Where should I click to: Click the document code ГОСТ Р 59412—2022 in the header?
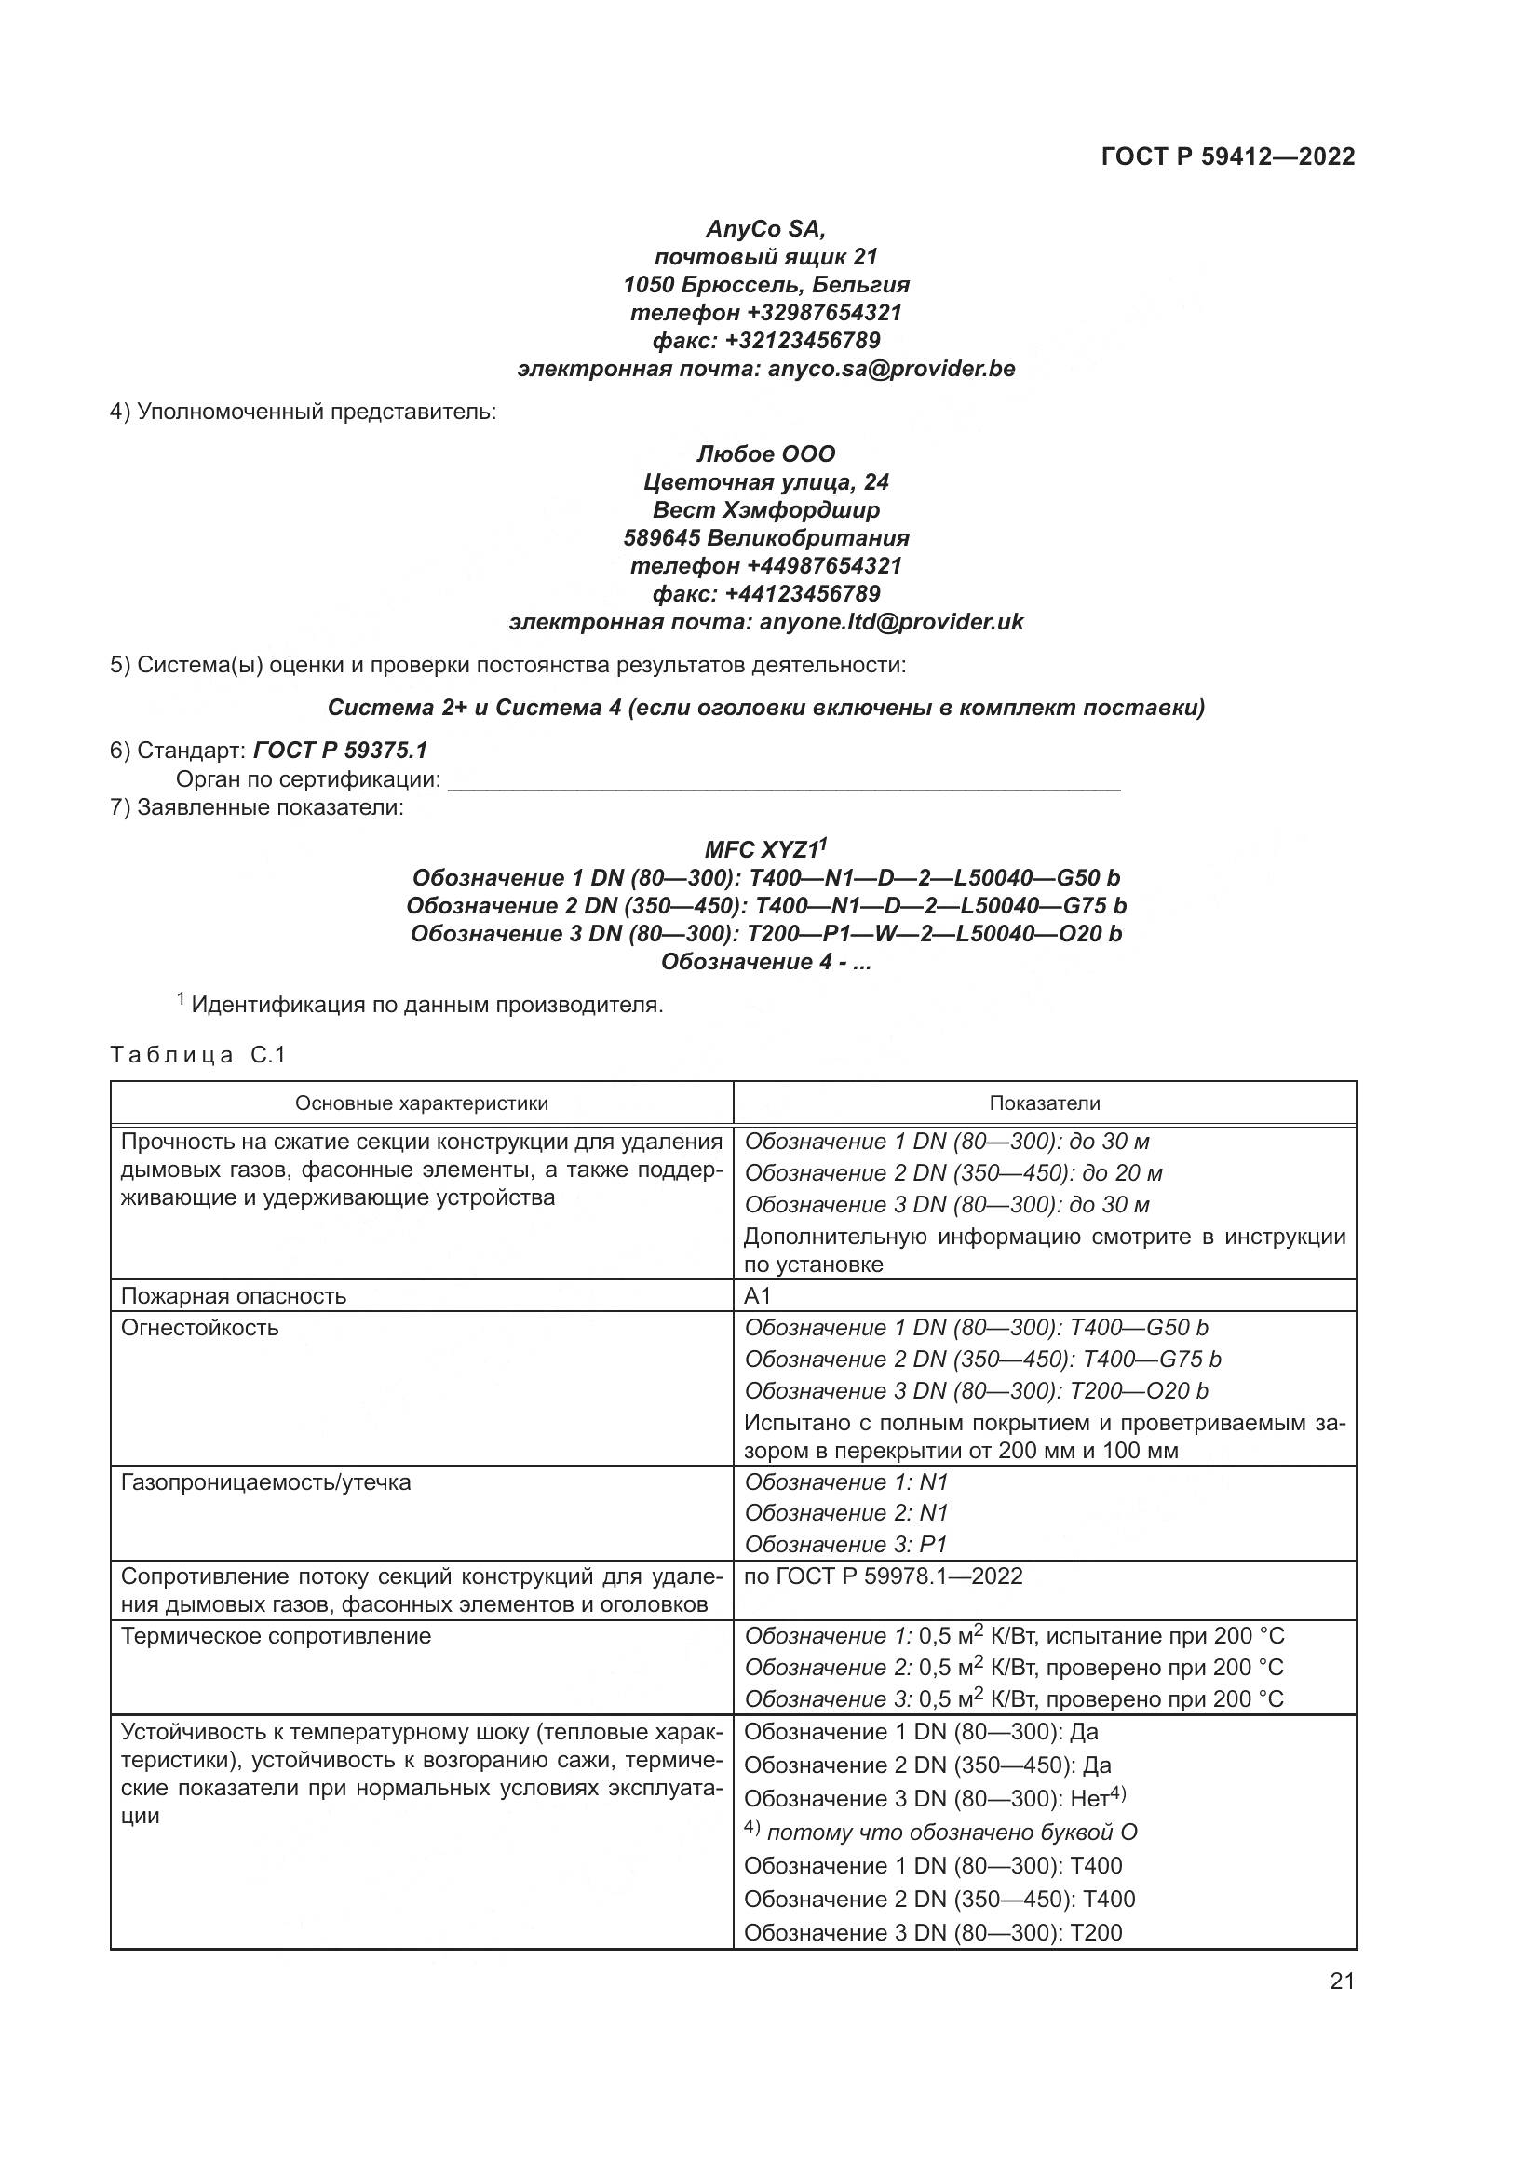pyautogui.click(x=1227, y=157)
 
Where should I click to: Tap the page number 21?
pyautogui.click(x=1342, y=1981)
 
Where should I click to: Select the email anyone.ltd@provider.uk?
pyautogui.click(x=891, y=621)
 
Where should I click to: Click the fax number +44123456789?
pyautogui.click(x=803, y=594)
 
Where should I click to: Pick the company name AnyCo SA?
pyautogui.click(x=765, y=229)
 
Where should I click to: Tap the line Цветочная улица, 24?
pyautogui.click(x=765, y=482)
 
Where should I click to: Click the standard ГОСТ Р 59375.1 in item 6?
pyautogui.click(x=341, y=751)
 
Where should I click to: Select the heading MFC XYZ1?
pyautogui.click(x=765, y=848)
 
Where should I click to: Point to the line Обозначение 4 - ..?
pyautogui.click(x=765, y=962)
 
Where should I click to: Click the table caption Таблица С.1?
pyautogui.click(x=197, y=1055)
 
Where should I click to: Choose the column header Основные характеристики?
pyautogui.click(x=421, y=1103)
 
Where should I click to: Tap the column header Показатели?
pyautogui.click(x=1044, y=1103)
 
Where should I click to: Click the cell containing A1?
pyautogui.click(x=758, y=1296)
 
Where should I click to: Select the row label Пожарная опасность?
pyautogui.click(x=234, y=1296)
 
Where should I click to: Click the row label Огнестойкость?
pyautogui.click(x=199, y=1328)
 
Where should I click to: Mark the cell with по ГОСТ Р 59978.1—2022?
pyautogui.click(x=883, y=1576)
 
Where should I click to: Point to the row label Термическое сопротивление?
pyautogui.click(x=275, y=1636)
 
